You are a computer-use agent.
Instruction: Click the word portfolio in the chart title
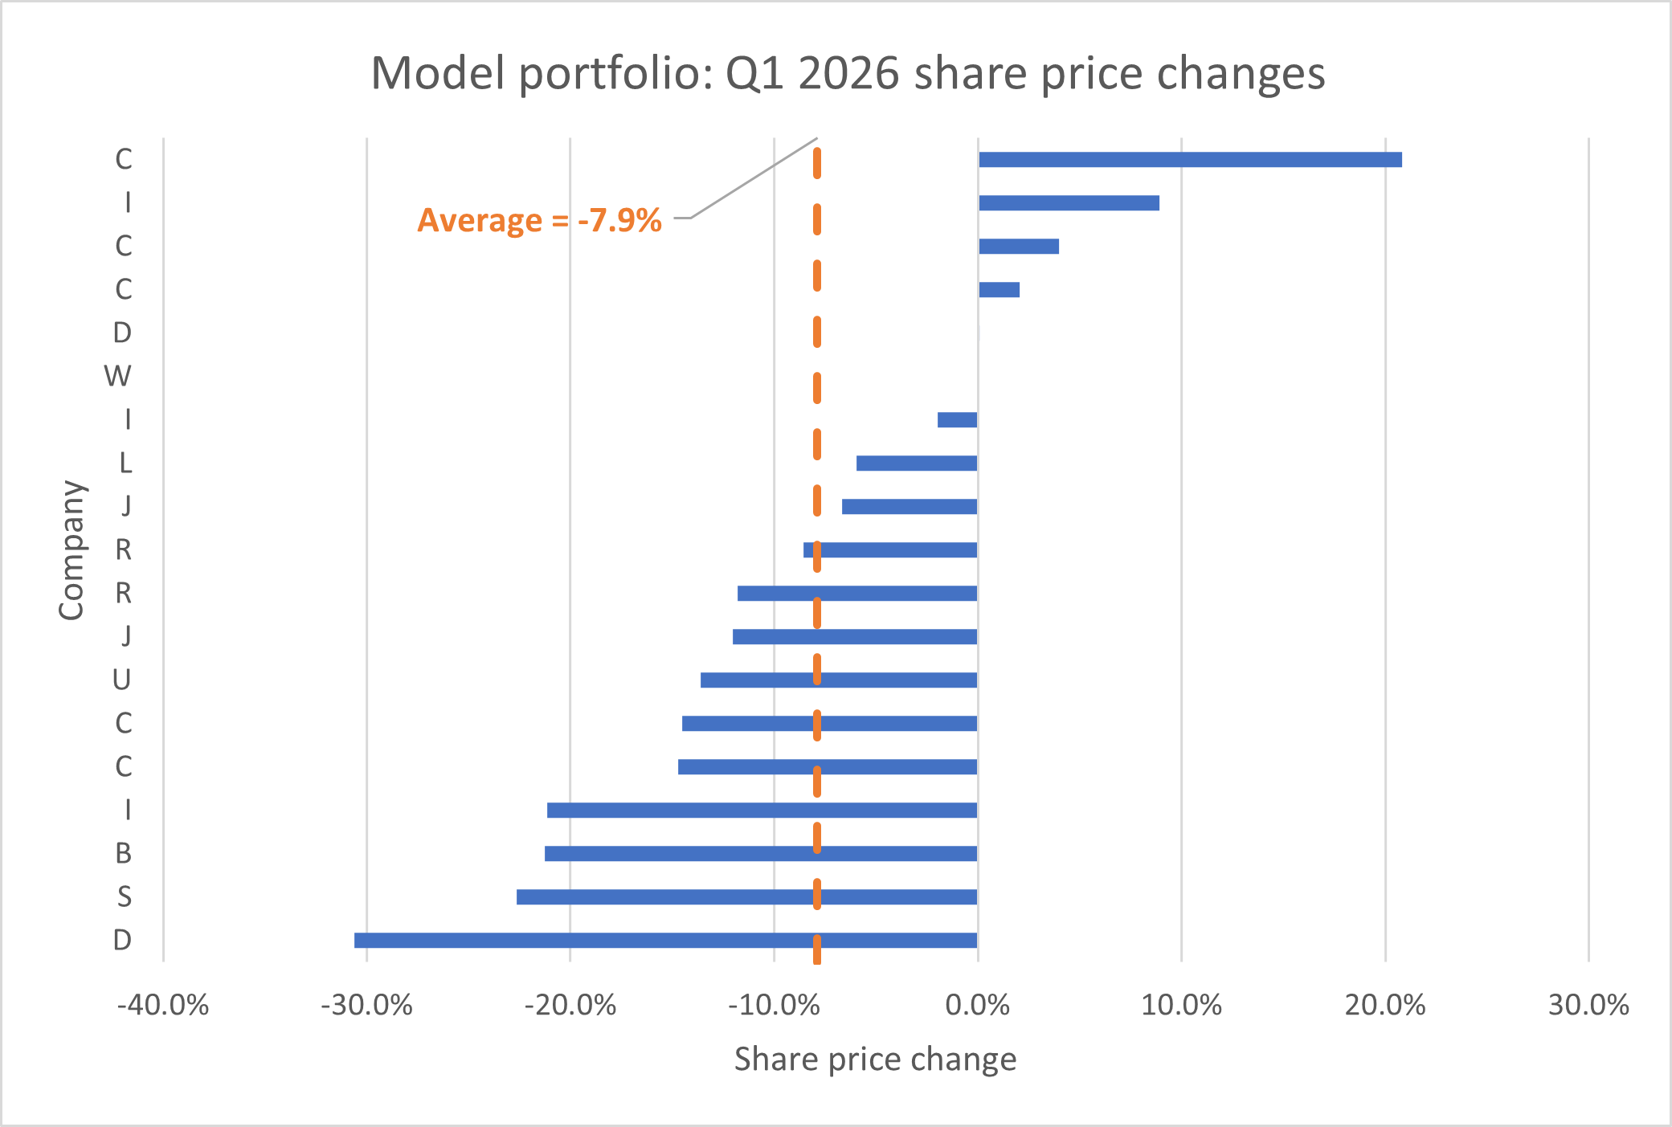click(x=615, y=75)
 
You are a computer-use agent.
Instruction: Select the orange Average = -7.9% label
click(x=539, y=220)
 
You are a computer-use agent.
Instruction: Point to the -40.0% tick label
click(x=163, y=1005)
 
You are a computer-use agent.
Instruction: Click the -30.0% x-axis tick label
click(x=366, y=1005)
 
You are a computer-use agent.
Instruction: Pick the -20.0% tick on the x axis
click(x=570, y=1005)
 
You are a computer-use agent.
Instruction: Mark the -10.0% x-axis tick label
click(x=774, y=1005)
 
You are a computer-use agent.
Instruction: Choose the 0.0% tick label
click(x=978, y=1005)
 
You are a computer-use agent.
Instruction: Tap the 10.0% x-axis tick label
click(x=1181, y=1005)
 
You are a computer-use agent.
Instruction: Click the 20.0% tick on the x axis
click(x=1385, y=1005)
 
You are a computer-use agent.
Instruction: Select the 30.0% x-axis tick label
click(x=1588, y=1005)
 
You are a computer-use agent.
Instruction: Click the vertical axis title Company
click(x=72, y=550)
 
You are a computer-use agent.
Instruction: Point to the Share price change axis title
click(x=875, y=1060)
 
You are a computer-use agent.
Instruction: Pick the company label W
click(x=117, y=376)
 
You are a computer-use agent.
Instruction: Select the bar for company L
click(x=917, y=463)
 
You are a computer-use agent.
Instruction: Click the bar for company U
click(x=839, y=680)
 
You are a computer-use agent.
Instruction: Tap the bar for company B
click(x=761, y=854)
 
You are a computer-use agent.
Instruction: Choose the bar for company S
click(x=746, y=897)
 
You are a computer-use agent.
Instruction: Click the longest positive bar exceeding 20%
click(x=1190, y=160)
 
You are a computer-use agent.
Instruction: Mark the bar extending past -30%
click(x=665, y=941)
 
